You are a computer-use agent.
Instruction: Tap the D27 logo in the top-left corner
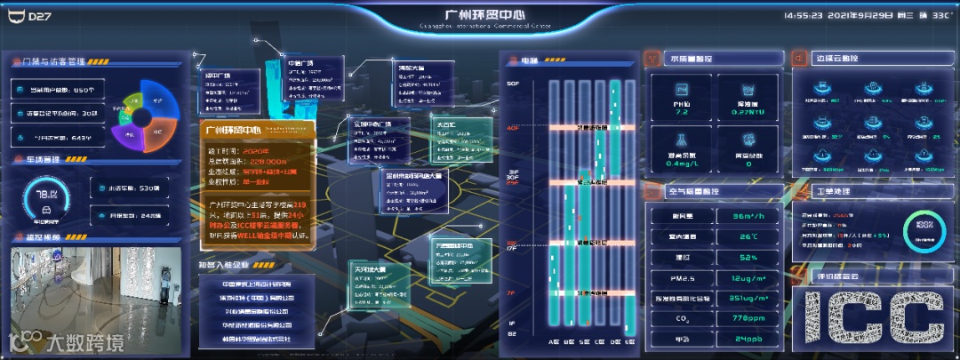[38, 16]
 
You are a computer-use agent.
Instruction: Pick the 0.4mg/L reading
[682, 164]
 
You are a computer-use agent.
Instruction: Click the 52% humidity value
[748, 258]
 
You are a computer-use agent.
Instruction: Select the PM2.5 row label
[683, 279]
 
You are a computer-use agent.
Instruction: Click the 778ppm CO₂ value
[748, 317]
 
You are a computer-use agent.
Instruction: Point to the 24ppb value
[748, 339]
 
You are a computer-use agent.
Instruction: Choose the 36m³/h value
[748, 216]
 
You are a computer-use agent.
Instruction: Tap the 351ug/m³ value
[748, 299]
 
